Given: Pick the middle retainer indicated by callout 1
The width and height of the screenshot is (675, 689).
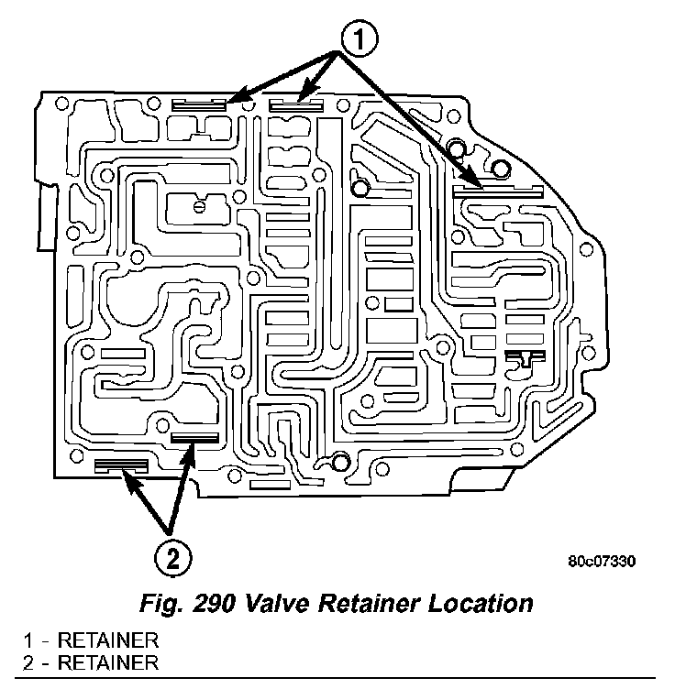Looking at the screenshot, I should [x=295, y=105].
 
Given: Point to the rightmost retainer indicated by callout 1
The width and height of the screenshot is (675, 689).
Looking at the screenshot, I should [x=498, y=191].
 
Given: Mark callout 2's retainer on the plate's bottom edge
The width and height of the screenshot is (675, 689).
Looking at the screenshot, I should [x=120, y=466].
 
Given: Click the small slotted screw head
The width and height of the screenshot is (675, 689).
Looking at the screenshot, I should [x=199, y=207].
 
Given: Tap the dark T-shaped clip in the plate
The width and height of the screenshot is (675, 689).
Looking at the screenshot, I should [x=524, y=358].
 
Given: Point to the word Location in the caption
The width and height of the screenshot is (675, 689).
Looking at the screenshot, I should [x=484, y=605].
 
